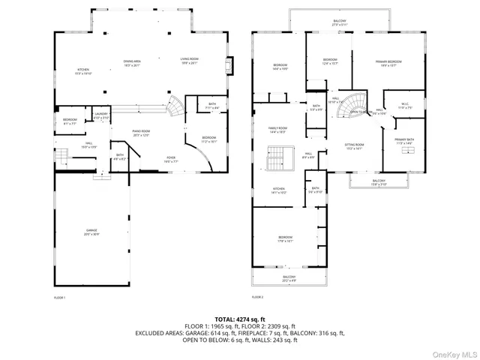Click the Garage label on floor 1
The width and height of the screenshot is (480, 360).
pyautogui.click(x=91, y=232)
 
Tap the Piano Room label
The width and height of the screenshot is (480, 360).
pyautogui.click(x=142, y=133)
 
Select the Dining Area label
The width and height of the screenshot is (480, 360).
pyautogui.click(x=132, y=61)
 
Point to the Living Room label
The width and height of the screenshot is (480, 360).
pyautogui.click(x=188, y=61)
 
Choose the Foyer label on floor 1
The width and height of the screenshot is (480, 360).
pyautogui.click(x=171, y=159)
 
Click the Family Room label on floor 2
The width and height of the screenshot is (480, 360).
pyautogui.click(x=278, y=130)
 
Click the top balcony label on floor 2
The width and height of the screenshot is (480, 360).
pyautogui.click(x=340, y=22)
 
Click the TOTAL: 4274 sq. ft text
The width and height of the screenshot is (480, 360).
pyautogui.click(x=239, y=319)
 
